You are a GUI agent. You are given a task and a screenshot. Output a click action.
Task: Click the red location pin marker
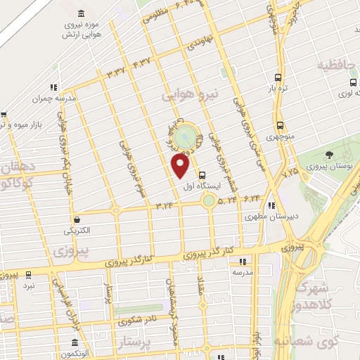coord(180,165)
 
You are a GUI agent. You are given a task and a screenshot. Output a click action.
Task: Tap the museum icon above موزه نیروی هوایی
coord(82,15)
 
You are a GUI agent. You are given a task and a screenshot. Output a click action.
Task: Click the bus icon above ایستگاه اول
coord(202,175)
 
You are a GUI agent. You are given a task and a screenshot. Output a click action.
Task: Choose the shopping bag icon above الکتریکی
coord(75,219)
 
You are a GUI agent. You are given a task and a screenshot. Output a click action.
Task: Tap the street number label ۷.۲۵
coord(289,170)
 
